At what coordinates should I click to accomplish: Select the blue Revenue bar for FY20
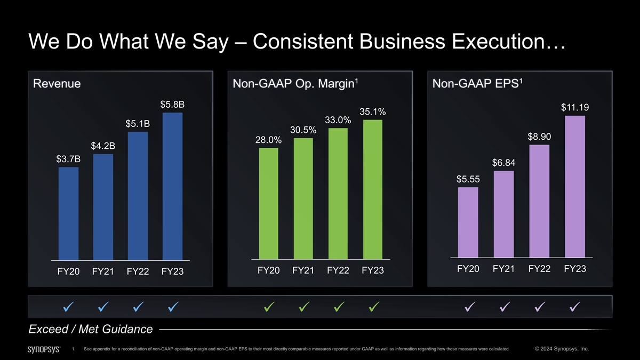tap(68, 213)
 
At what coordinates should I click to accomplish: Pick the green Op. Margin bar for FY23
tap(373, 189)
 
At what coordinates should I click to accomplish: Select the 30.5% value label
tap(303, 130)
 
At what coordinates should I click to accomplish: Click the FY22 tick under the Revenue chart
tap(138, 272)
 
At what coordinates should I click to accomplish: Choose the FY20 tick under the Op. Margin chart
tap(268, 271)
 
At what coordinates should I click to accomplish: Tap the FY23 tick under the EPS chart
tap(575, 269)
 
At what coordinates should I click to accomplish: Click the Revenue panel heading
tap(57, 84)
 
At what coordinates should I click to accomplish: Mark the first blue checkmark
tap(68, 307)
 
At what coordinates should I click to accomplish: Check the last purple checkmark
tap(575, 307)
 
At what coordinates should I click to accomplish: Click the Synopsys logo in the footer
tap(44, 349)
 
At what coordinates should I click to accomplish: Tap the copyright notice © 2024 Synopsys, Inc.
tap(561, 349)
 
